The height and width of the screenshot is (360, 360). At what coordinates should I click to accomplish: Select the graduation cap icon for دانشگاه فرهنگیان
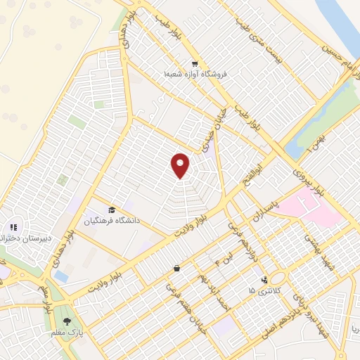[x=111, y=210]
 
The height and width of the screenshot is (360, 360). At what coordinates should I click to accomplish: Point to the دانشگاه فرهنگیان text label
[x=113, y=221]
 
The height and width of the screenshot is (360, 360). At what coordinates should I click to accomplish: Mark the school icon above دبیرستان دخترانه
[x=13, y=227]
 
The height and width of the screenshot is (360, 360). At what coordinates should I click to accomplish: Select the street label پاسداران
[x=267, y=209]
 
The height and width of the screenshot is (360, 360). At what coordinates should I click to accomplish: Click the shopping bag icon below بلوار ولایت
[x=176, y=267]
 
